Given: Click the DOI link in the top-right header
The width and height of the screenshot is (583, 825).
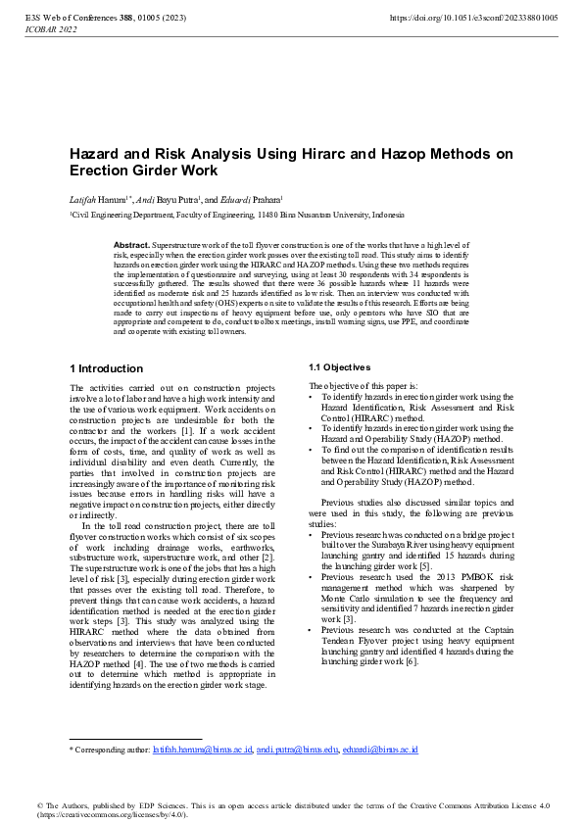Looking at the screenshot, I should [x=473, y=18].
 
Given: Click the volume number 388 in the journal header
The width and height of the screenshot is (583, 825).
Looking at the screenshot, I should [x=127, y=18].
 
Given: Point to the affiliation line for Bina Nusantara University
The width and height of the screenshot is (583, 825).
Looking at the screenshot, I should [x=235, y=215].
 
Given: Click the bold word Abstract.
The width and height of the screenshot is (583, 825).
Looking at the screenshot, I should [x=131, y=243].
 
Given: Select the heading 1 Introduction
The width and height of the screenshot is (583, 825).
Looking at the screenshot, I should [x=106, y=369].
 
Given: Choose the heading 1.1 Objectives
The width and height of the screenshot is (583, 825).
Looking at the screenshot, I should [x=339, y=366].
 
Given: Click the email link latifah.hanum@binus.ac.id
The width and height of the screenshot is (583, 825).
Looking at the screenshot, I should [x=203, y=750].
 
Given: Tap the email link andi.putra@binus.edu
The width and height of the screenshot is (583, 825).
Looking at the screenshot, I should [x=297, y=750].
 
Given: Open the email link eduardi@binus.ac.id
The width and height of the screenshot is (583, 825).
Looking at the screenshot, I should [x=380, y=750].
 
